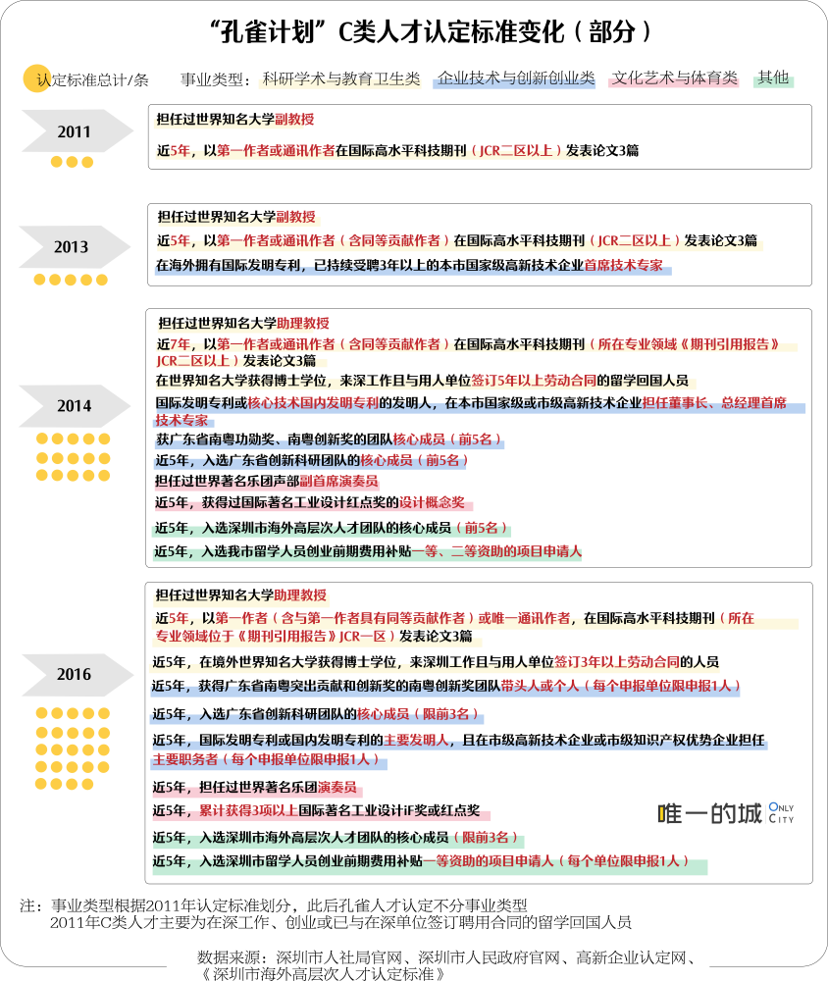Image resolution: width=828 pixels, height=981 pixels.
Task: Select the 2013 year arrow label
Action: pyautogui.click(x=73, y=246)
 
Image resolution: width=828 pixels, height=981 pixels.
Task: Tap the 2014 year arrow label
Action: pyautogui.click(x=74, y=406)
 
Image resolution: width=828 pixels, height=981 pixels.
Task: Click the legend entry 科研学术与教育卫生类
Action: pyautogui.click(x=341, y=78)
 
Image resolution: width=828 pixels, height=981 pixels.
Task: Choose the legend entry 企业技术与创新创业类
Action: pyautogui.click(x=516, y=78)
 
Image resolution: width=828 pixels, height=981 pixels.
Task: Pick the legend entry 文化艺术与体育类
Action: pyautogui.click(x=675, y=78)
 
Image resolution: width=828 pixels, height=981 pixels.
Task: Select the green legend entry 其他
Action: pyautogui.click(x=773, y=78)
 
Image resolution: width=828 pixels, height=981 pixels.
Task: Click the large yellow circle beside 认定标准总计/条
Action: pyautogui.click(x=36, y=78)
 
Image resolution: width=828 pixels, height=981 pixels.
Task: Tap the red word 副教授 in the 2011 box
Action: pyautogui.click(x=294, y=120)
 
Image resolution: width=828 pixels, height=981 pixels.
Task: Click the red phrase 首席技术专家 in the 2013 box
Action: pyautogui.click(x=623, y=265)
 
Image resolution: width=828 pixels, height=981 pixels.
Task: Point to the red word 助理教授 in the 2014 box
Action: pyautogui.click(x=303, y=324)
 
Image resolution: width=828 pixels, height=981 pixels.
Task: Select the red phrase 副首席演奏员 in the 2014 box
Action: pyautogui.click(x=338, y=481)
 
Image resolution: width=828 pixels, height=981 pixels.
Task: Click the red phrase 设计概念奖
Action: pyautogui.click(x=432, y=502)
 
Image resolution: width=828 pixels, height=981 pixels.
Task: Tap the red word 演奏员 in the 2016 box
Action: pyautogui.click(x=336, y=787)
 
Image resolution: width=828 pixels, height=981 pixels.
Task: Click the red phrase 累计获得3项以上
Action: pyautogui.click(x=248, y=811)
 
